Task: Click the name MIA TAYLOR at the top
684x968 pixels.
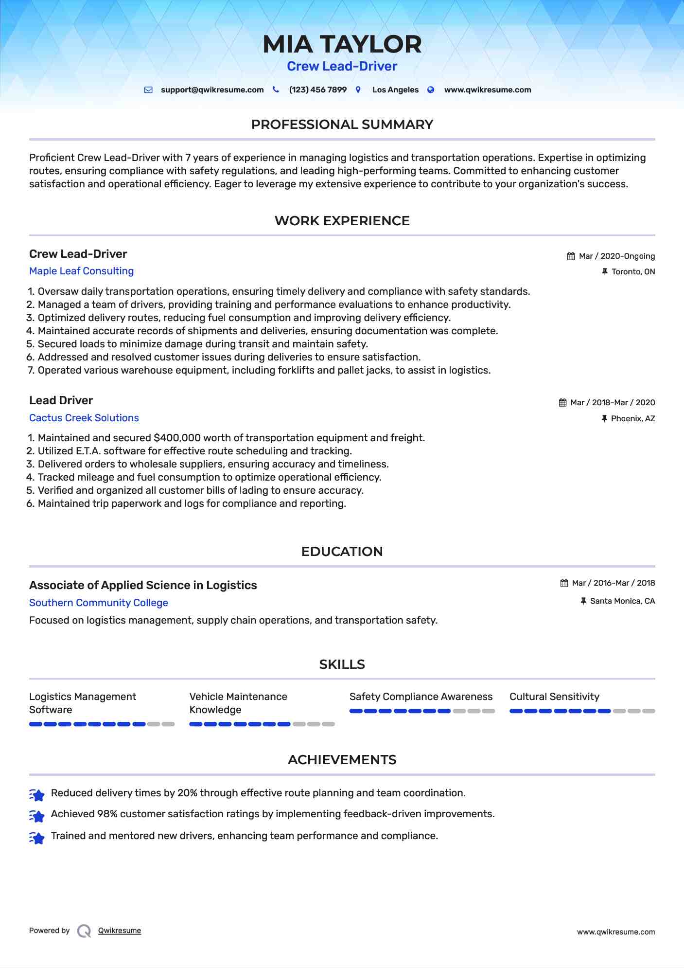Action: pos(342,44)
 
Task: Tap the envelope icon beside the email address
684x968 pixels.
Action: pos(148,90)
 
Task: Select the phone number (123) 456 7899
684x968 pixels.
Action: pos(317,90)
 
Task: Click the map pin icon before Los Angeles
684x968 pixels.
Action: pos(358,90)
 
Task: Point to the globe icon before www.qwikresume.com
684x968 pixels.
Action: pos(431,90)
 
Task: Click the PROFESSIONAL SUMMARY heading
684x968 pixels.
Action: pos(342,125)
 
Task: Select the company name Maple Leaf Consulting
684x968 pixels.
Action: pos(81,271)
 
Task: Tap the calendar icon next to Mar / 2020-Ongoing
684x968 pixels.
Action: pos(571,256)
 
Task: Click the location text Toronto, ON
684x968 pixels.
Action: pos(633,272)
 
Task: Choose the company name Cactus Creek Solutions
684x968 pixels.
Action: pos(84,418)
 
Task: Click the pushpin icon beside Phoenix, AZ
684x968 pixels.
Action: pos(604,418)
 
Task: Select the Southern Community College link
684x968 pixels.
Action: pos(98,603)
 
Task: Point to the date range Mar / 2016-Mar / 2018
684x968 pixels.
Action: pos(613,583)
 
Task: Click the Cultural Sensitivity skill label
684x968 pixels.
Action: pos(554,697)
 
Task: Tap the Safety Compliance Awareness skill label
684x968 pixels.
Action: pos(421,697)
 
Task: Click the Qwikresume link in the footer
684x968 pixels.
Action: pos(120,931)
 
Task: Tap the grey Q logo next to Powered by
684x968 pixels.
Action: pos(84,931)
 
